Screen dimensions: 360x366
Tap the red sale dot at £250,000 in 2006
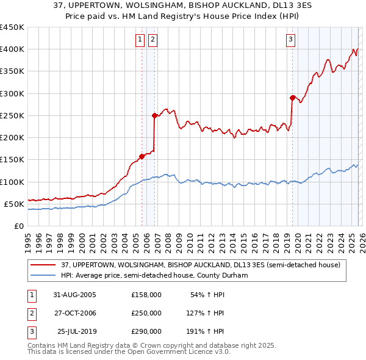click(x=154, y=115)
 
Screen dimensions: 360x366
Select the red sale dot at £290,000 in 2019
click(x=292, y=98)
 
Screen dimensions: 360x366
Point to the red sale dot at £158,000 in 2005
click(x=142, y=156)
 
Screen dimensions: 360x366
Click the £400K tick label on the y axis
click(x=12, y=49)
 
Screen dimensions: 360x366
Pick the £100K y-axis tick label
click(x=12, y=182)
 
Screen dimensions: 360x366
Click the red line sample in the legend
click(x=43, y=264)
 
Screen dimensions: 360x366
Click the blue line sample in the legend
click(x=43, y=275)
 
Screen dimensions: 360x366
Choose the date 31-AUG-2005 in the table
click(x=74, y=294)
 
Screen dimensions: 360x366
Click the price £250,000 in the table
click(x=146, y=313)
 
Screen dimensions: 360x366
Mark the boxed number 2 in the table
click(x=30, y=313)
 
